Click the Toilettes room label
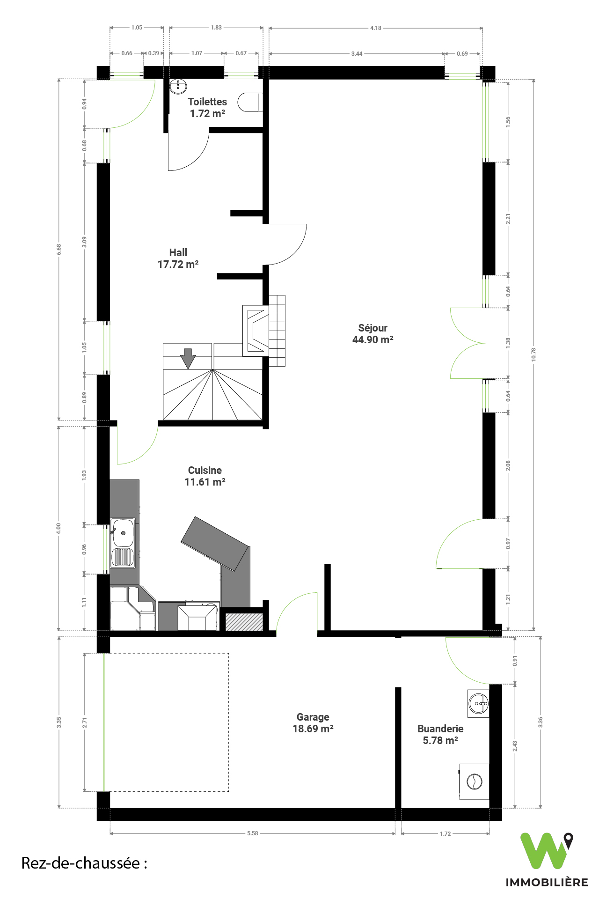point(207,102)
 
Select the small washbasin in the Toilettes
point(178,86)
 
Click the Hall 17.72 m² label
point(178,258)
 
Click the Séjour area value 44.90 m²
point(373,340)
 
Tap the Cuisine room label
point(205,470)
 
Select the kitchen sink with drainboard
point(123,543)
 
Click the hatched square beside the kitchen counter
point(244,621)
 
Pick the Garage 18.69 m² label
point(313,723)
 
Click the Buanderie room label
point(440,729)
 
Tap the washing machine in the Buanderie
point(474,781)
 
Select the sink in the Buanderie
point(478,703)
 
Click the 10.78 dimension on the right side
point(533,354)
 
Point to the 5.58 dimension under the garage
point(253,833)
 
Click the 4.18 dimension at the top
point(376,28)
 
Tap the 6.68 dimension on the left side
point(59,250)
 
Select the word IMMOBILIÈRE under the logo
point(547,882)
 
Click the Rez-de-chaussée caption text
point(84,863)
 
